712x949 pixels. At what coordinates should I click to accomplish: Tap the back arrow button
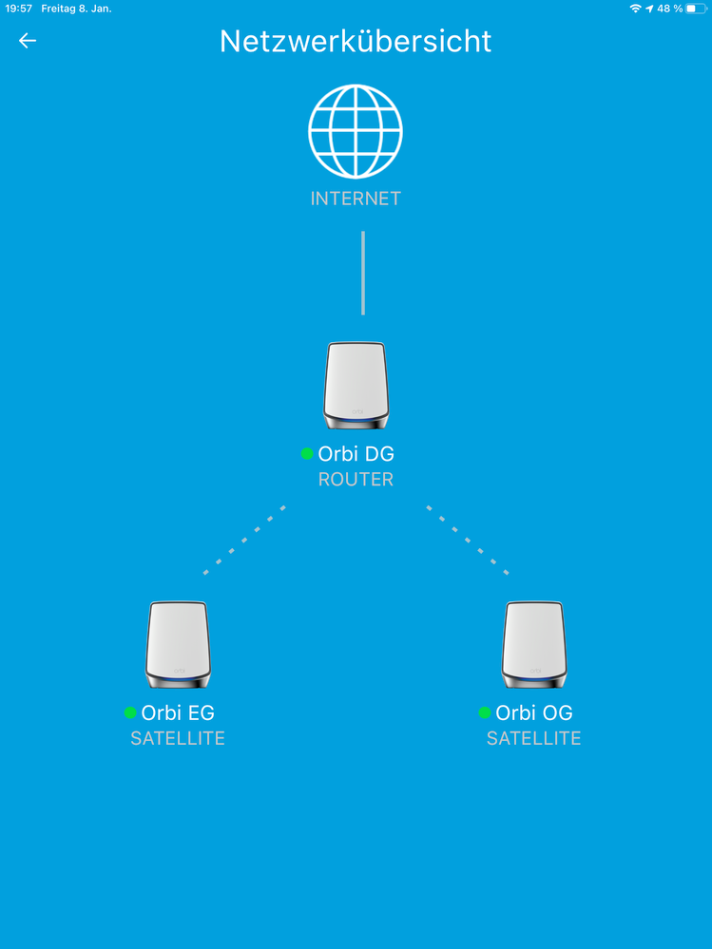tap(28, 41)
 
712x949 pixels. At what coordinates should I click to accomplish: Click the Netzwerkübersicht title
tap(356, 41)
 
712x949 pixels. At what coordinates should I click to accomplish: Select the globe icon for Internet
tap(356, 131)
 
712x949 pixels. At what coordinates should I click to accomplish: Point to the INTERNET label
tap(356, 199)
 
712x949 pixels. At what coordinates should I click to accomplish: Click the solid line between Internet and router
tap(363, 273)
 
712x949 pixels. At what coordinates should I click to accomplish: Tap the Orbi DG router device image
tap(356, 386)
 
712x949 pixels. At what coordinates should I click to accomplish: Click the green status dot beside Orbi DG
tap(307, 453)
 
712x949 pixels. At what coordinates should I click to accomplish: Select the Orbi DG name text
tap(356, 453)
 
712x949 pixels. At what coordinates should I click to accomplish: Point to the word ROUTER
tap(356, 480)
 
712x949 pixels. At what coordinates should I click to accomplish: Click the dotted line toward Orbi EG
tap(244, 540)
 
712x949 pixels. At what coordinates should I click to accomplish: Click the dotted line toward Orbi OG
tap(468, 540)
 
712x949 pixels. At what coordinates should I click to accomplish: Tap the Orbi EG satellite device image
tap(178, 645)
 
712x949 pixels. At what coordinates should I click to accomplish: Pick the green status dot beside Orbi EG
tap(130, 712)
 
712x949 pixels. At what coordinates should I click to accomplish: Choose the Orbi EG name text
tap(178, 712)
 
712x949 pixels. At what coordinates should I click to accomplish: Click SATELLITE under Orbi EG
tap(178, 738)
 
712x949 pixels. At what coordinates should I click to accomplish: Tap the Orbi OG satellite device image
tap(534, 645)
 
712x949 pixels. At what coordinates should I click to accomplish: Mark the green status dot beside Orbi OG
tap(485, 712)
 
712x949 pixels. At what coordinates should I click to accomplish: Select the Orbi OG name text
tap(534, 712)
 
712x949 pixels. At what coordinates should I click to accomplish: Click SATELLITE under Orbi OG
tap(534, 738)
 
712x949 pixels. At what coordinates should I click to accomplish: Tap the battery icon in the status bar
tap(696, 9)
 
